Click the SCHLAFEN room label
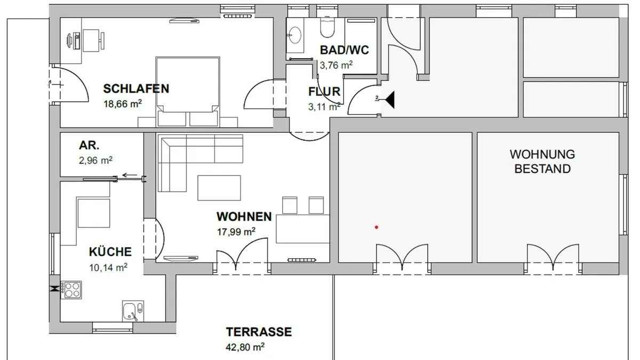click(x=136, y=89)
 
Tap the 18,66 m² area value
click(x=123, y=103)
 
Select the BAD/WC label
click(x=345, y=50)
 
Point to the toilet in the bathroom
click(x=327, y=28)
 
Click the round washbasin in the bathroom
click(x=295, y=35)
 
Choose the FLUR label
click(x=324, y=92)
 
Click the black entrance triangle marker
click(x=390, y=100)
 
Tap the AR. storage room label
click(x=89, y=146)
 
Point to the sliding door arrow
click(x=130, y=175)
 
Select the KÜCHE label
click(x=110, y=252)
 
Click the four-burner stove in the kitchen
click(x=71, y=290)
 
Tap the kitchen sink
click(x=133, y=311)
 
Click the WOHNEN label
click(x=244, y=217)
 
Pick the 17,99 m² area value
click(x=236, y=231)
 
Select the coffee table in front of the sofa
click(x=219, y=188)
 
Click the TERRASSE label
click(x=259, y=332)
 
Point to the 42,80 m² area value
click(x=245, y=347)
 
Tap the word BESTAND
click(x=542, y=169)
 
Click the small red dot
click(x=377, y=227)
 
